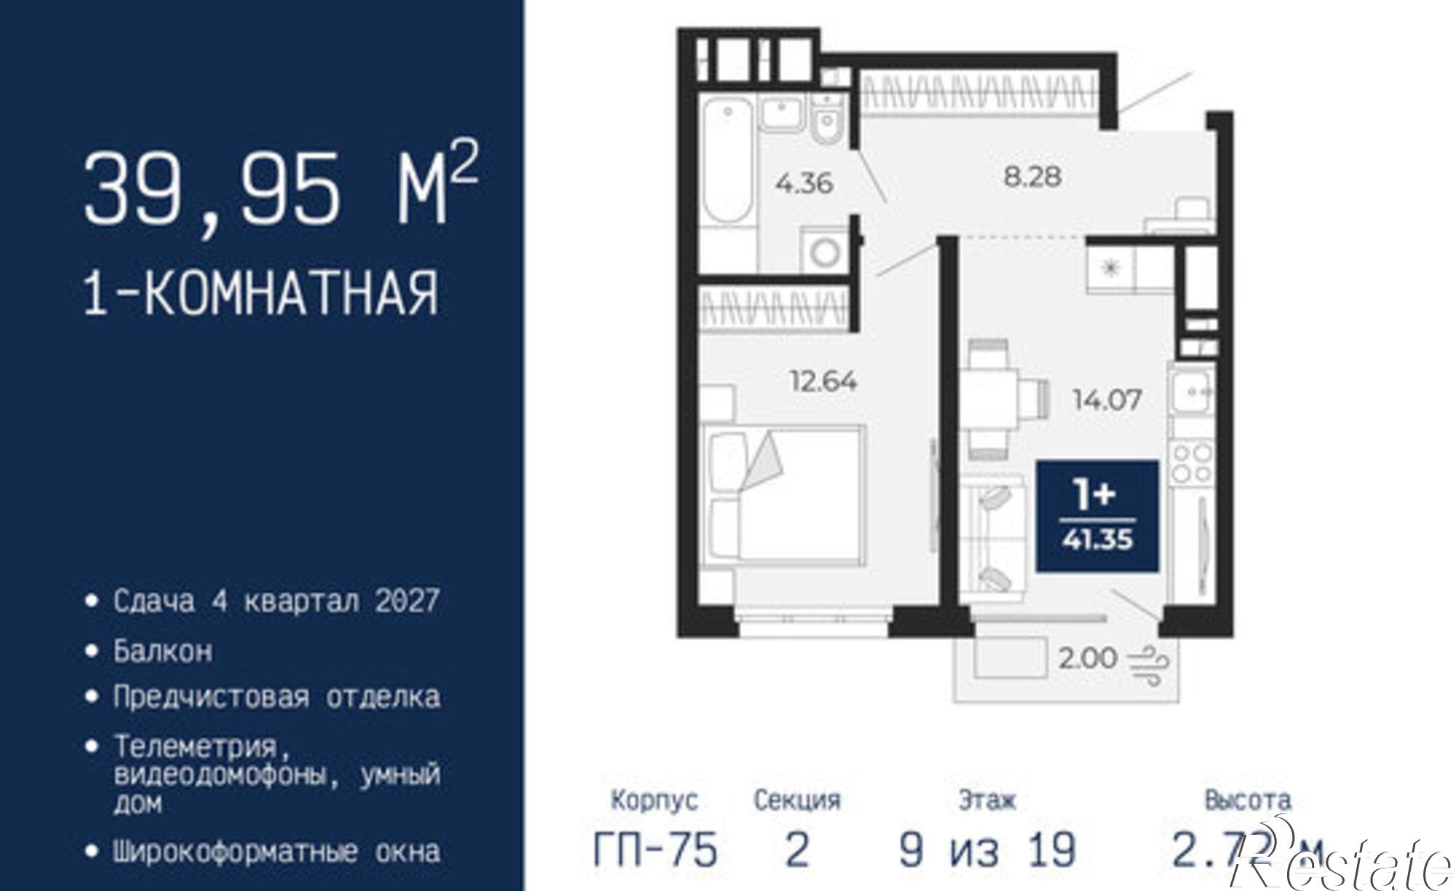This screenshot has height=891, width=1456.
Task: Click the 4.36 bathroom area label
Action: [x=804, y=183]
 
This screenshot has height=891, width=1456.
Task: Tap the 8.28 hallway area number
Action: [x=1032, y=176]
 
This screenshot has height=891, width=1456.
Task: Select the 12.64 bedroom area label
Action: [x=823, y=381]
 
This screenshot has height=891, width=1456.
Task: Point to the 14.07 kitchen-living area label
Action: [x=1107, y=399]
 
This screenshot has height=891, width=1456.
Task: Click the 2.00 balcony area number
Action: [x=1087, y=659]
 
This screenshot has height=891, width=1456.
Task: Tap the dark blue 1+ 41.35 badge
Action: [x=1096, y=516]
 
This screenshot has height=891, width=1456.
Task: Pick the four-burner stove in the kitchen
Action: [x=1192, y=463]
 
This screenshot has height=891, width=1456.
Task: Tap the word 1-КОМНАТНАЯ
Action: [x=262, y=293]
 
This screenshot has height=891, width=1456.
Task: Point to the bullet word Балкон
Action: [x=163, y=650]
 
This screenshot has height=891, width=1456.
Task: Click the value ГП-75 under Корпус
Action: [x=655, y=849]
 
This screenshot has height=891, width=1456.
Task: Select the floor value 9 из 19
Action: [x=987, y=849]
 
